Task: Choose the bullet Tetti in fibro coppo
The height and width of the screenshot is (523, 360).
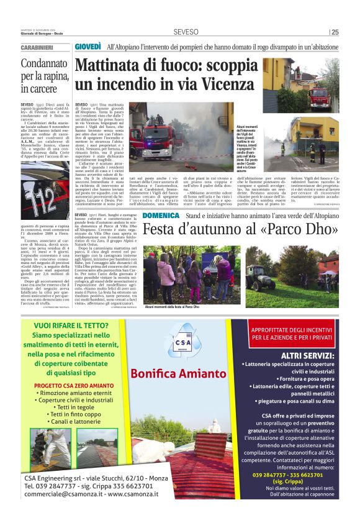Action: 75,414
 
